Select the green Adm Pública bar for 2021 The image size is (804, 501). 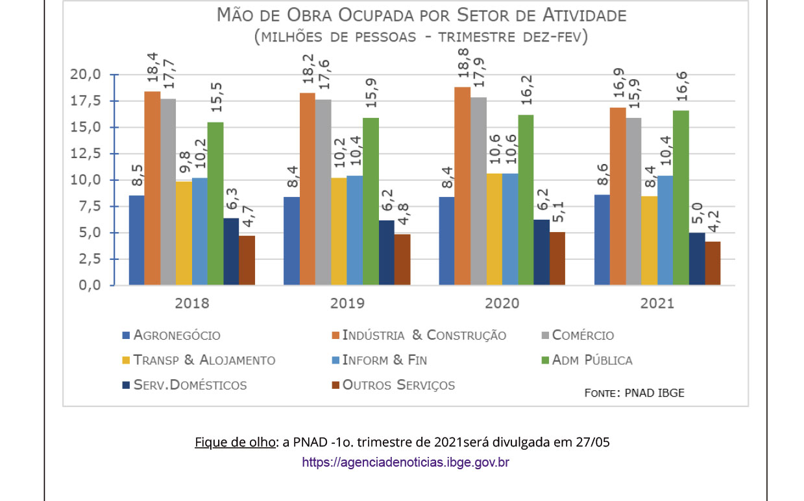click(681, 198)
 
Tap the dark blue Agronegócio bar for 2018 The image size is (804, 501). click(136, 240)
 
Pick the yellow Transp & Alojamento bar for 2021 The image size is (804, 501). click(650, 240)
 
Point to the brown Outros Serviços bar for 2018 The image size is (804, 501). click(247, 261)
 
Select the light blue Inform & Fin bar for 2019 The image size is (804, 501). click(354, 230)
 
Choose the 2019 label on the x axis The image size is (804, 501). click(347, 303)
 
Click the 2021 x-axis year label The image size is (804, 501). click(657, 303)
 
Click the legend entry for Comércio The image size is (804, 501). click(578, 336)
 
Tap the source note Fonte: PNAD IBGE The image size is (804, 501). click(634, 393)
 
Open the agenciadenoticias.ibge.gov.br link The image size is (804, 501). click(406, 462)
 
